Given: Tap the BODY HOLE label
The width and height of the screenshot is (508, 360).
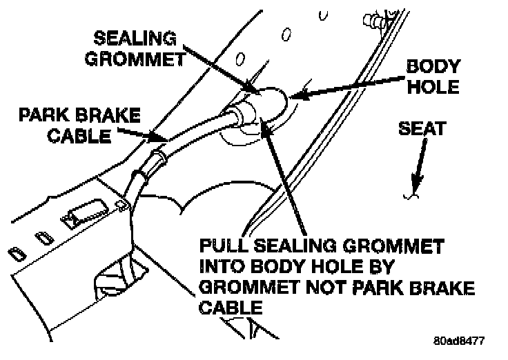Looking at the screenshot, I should [x=431, y=77].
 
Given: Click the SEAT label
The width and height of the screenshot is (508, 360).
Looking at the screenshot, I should [x=422, y=128].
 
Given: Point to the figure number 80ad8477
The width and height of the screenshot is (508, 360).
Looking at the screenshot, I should [x=460, y=341].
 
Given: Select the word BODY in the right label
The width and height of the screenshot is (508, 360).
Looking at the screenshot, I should [x=431, y=66].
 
